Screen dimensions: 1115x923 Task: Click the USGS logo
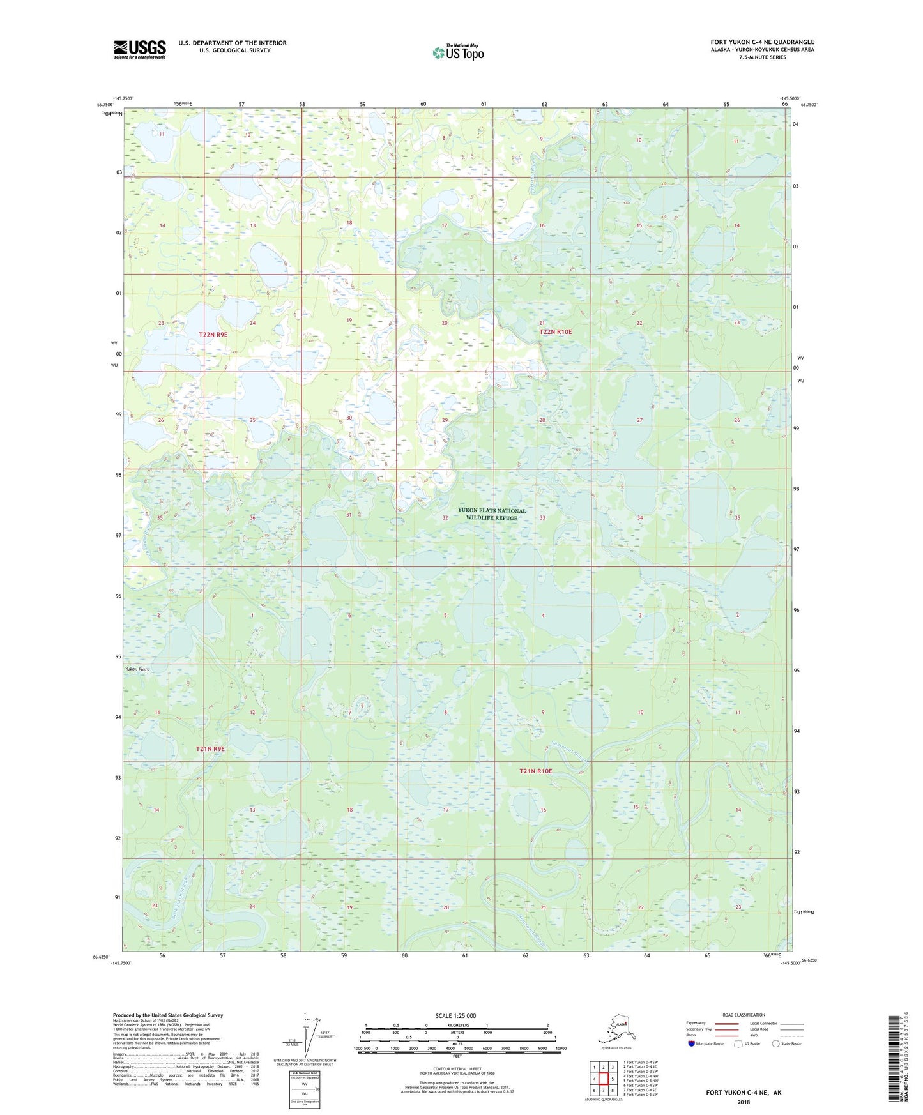click(139, 49)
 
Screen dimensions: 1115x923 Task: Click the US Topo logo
click(457, 52)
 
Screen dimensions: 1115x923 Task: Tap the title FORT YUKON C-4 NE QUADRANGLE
click(762, 42)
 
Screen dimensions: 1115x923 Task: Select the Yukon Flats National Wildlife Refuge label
click(492, 514)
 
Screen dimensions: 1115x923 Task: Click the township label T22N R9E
click(213, 334)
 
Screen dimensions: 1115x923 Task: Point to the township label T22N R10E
click(555, 332)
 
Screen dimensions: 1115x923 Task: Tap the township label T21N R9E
click(210, 748)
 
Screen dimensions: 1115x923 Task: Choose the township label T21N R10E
click(535, 771)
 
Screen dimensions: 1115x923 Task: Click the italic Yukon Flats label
click(137, 669)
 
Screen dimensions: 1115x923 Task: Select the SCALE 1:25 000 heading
click(455, 1015)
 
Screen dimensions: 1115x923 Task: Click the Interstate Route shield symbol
click(692, 1043)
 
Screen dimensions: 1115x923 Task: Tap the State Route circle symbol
click(775, 1043)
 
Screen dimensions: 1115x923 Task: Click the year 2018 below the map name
click(743, 1102)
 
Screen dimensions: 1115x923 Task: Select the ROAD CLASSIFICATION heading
click(743, 1015)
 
